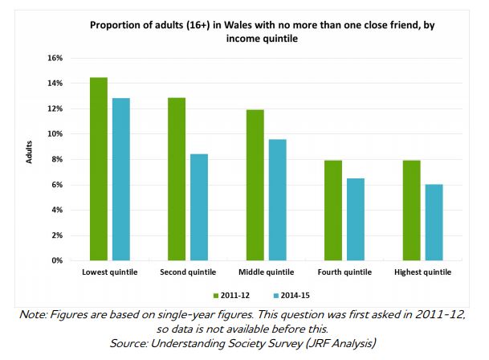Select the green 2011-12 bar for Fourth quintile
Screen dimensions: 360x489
pyautogui.click(x=332, y=211)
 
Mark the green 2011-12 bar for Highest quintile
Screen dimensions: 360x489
pyautogui.click(x=411, y=211)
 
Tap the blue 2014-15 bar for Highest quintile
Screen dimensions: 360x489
pyautogui.click(x=434, y=223)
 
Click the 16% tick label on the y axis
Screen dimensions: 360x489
pyautogui.click(x=55, y=58)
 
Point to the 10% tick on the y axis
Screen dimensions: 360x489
pyautogui.click(x=55, y=134)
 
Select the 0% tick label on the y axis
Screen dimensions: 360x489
pyautogui.click(x=57, y=261)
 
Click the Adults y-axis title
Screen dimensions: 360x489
pyautogui.click(x=27, y=158)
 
